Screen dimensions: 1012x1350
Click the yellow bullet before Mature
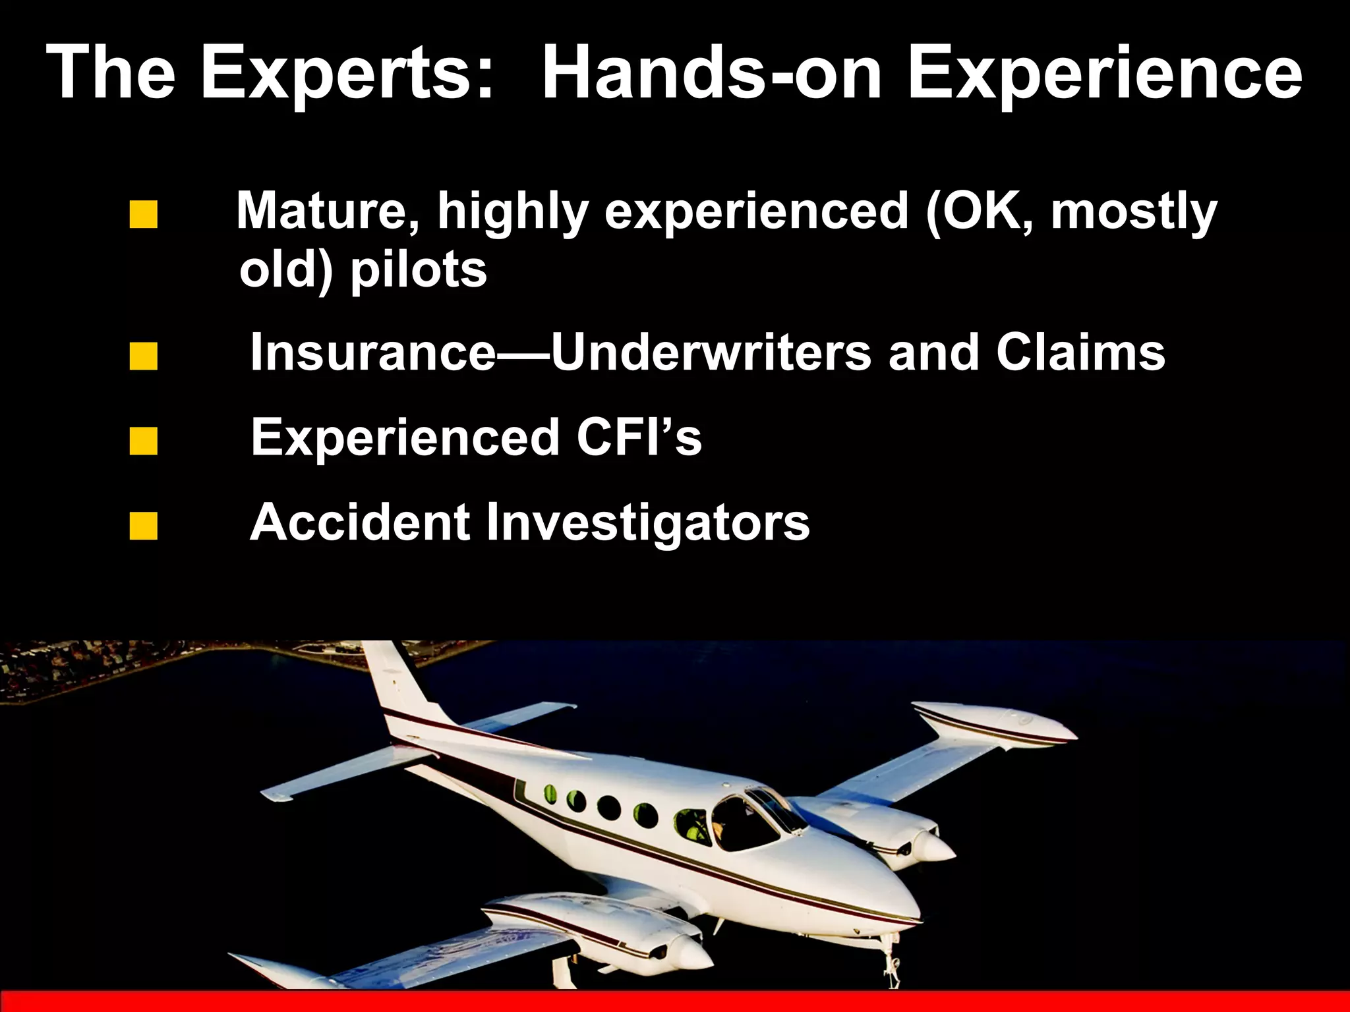[144, 215]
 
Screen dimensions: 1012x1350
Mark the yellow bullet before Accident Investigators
[144, 526]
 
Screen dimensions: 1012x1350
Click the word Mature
[328, 211]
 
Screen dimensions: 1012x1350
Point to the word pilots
[418, 270]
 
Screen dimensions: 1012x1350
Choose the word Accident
[360, 522]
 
